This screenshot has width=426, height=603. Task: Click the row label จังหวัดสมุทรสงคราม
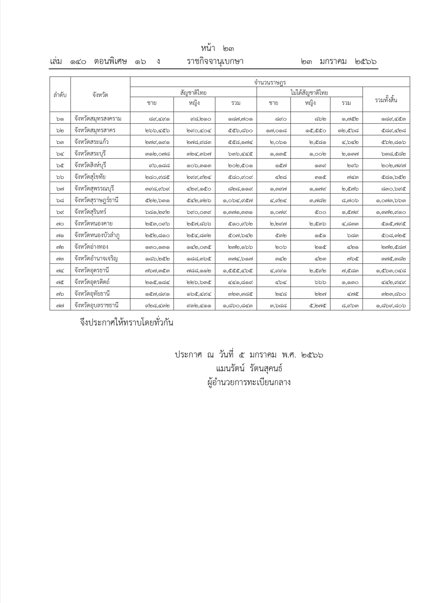[98, 118]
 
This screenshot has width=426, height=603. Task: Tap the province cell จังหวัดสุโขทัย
[90, 177]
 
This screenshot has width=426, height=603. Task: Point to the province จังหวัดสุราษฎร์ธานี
[96, 200]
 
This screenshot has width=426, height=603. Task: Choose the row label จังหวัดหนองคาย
[93, 224]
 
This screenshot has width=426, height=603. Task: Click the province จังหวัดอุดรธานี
[92, 270]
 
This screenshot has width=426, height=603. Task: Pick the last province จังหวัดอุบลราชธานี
[96, 305]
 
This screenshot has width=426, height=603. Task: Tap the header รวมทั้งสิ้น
[386, 100]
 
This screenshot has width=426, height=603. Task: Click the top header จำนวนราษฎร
[270, 82]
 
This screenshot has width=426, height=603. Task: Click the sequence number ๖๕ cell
[60, 165]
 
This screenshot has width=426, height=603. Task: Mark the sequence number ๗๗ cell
[60, 305]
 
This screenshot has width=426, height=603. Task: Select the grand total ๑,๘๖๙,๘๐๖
[390, 305]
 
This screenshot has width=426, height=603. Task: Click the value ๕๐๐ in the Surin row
[320, 212]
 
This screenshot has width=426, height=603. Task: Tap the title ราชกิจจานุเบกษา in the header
[215, 62]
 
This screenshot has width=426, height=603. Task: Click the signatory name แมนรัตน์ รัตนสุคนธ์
[249, 369]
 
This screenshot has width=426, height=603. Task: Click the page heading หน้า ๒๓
[217, 49]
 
